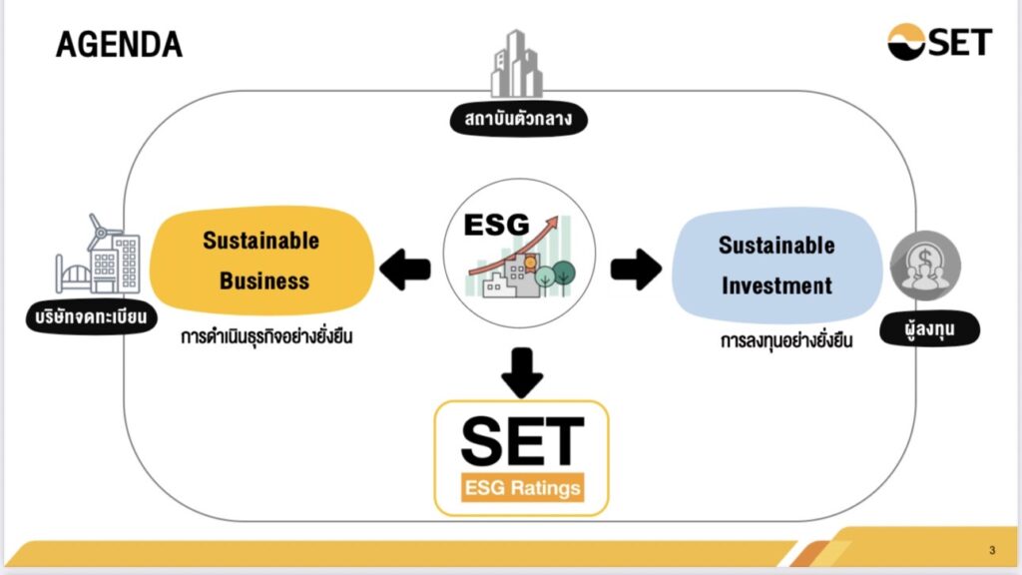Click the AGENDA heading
[119, 44]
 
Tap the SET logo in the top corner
[940, 42]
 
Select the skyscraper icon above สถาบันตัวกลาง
[515, 64]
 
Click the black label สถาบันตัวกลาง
[517, 121]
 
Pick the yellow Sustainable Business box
[261, 260]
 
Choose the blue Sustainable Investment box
[776, 265]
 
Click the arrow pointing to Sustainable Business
[405, 268]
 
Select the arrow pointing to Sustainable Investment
[636, 268]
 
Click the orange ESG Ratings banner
[521, 489]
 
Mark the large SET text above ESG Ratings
[521, 441]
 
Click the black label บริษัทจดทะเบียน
[88, 319]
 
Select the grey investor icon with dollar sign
[925, 268]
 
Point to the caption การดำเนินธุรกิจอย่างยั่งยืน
[267, 336]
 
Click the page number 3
[992, 551]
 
